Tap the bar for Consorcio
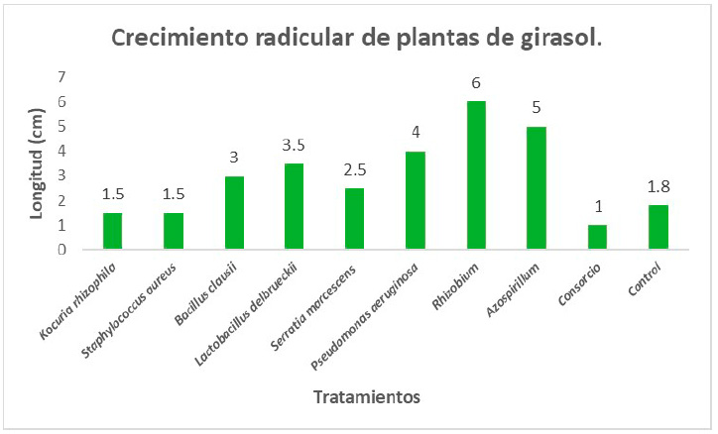(x=597, y=238)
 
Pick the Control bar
(x=658, y=228)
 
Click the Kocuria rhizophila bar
(x=113, y=232)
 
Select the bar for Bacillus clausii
(x=234, y=213)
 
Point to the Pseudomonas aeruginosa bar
(x=416, y=201)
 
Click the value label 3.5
(x=295, y=145)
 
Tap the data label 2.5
(x=355, y=169)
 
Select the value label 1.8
(x=658, y=186)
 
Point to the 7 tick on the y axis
(x=61, y=77)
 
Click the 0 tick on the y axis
(x=61, y=250)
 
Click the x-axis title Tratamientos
(x=367, y=397)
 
